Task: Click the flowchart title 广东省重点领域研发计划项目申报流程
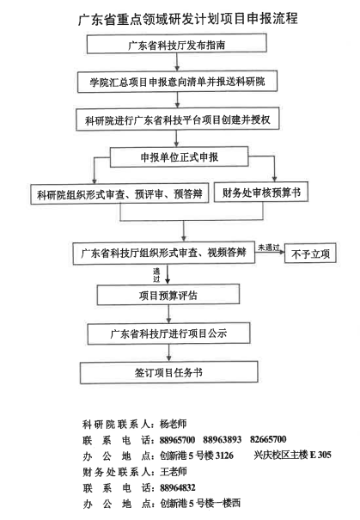[x=187, y=19]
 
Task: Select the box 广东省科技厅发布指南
[x=177, y=44]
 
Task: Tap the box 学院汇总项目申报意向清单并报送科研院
[x=177, y=82]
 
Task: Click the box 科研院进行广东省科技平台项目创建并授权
[x=177, y=119]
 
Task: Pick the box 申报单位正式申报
[x=179, y=156]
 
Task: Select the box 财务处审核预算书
[x=261, y=192]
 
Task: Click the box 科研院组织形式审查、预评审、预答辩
[x=119, y=193]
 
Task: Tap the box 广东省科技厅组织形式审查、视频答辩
[x=164, y=253]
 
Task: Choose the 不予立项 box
[x=310, y=254]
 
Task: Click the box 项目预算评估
[x=168, y=295]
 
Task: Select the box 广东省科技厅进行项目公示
[x=168, y=333]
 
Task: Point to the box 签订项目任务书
[x=168, y=372]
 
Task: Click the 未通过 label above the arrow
[x=269, y=248]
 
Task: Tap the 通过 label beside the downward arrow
[x=156, y=275]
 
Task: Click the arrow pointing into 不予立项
[x=270, y=252]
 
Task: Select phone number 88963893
[x=222, y=440]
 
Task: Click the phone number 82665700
[x=268, y=439]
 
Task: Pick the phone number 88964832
[x=177, y=487]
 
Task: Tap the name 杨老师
[x=173, y=424]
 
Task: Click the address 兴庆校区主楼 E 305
[x=292, y=455]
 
